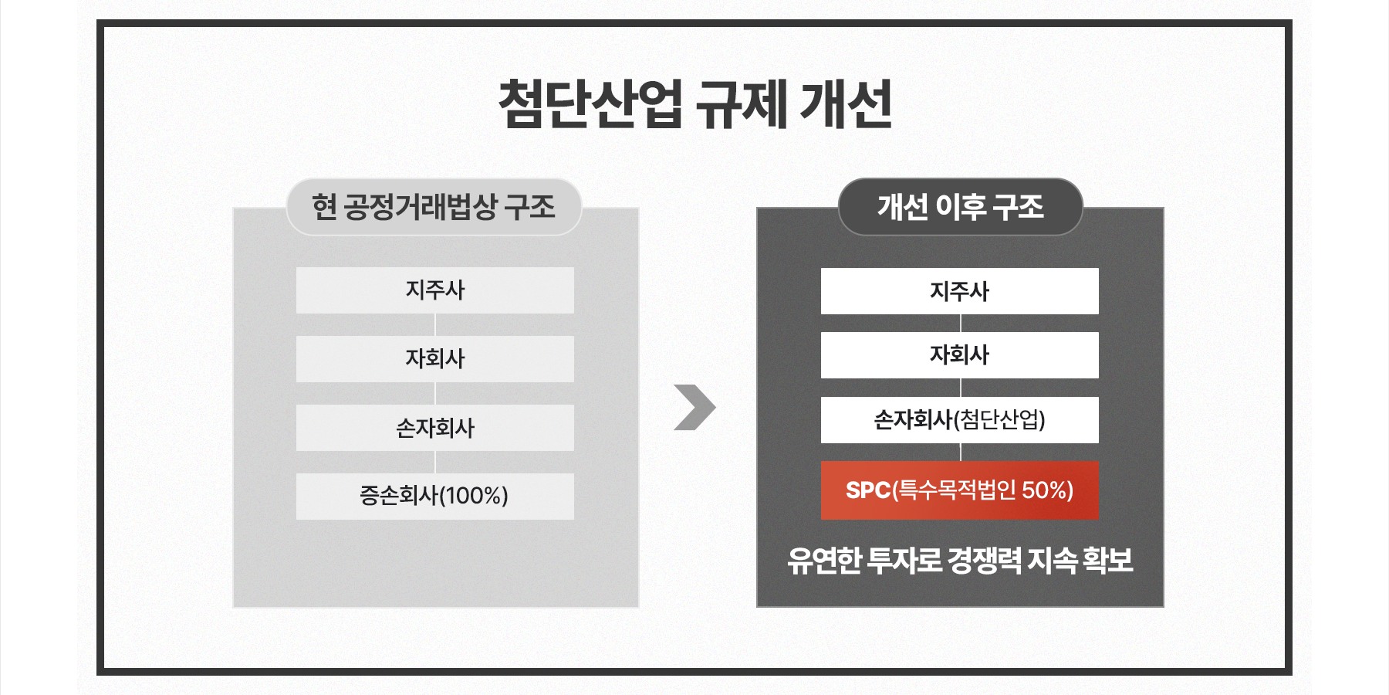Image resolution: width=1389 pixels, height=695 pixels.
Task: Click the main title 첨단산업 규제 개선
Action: coord(695,103)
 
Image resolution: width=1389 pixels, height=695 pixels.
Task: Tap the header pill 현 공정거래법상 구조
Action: coord(434,207)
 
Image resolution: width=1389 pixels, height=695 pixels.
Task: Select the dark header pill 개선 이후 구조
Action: coord(960,207)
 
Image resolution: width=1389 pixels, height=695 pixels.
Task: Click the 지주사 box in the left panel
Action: coord(435,290)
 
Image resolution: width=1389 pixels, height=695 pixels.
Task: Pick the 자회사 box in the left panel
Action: coord(435,359)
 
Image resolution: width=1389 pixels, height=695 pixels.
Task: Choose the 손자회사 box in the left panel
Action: coord(435,428)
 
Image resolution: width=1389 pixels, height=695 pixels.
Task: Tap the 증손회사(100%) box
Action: coord(435,497)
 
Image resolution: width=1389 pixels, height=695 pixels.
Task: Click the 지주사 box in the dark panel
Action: coord(960,291)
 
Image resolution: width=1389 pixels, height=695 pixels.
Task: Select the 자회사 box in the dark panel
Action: coord(960,355)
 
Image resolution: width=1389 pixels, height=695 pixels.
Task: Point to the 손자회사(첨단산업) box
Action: coord(960,420)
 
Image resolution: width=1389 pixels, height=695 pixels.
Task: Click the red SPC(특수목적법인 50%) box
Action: coord(960,490)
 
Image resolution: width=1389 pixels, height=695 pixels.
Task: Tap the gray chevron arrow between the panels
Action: coord(694,407)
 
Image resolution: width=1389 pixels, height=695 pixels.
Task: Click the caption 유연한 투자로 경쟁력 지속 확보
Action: coord(960,561)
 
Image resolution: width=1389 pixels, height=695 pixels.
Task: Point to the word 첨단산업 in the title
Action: coord(590,103)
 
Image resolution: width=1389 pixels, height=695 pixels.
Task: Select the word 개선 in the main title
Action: coord(847,103)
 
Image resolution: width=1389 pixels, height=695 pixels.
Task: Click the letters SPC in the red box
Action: coord(868,490)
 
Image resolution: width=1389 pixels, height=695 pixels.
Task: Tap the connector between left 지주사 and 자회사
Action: coord(435,324)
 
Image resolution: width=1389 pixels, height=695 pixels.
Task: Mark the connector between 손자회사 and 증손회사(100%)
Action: coord(435,462)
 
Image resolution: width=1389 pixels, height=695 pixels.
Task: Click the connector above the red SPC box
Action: coord(960,452)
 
